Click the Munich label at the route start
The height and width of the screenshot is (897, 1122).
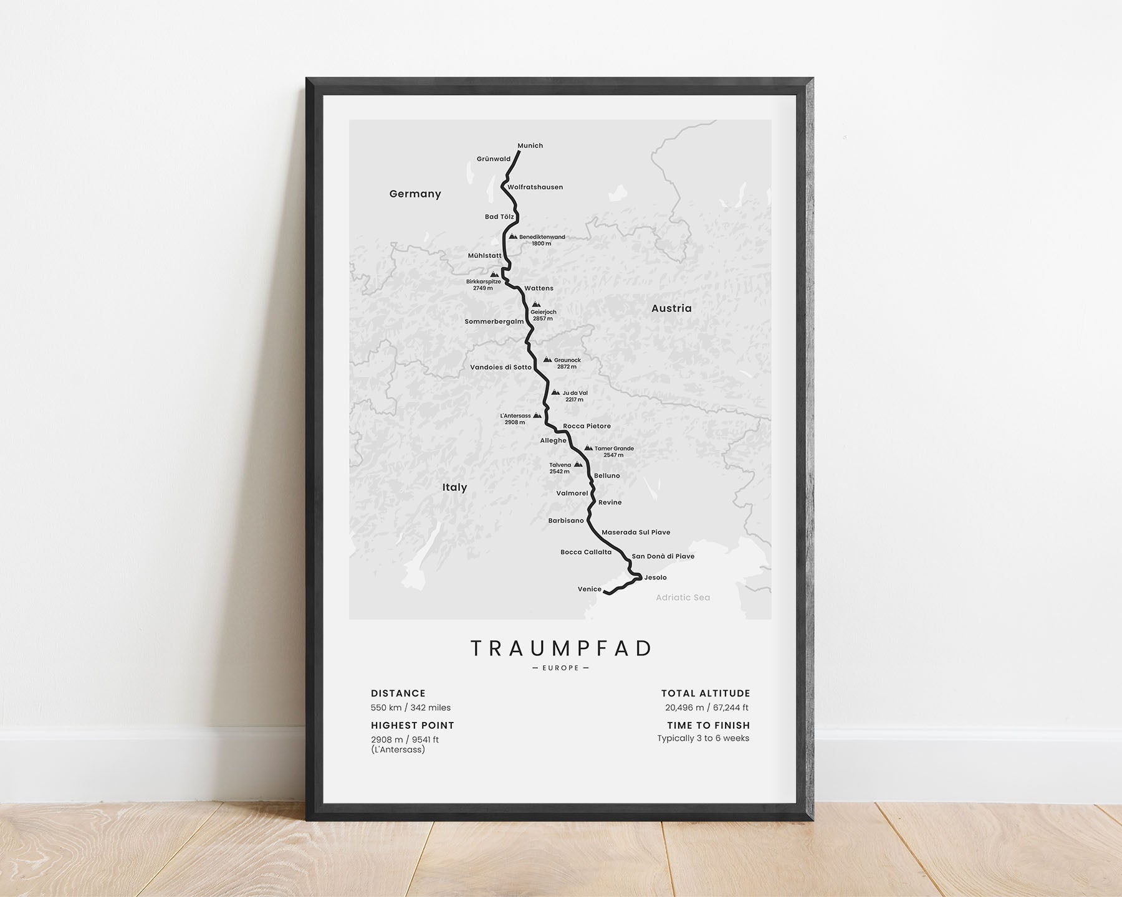click(x=530, y=146)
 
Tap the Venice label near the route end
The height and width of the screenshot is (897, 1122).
click(x=589, y=589)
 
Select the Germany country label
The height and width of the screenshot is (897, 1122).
click(x=415, y=194)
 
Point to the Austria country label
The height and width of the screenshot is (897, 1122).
click(x=671, y=308)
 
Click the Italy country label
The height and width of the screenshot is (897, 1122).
click(x=454, y=487)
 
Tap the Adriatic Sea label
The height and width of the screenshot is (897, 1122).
click(x=683, y=597)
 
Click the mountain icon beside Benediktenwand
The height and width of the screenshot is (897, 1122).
click(x=512, y=237)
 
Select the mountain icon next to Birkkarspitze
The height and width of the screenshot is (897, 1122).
click(x=494, y=274)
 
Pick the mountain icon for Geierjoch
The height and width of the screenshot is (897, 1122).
click(x=536, y=305)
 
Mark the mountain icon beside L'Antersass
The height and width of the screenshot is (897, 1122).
click(x=537, y=415)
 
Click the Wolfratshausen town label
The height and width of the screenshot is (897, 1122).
click(x=535, y=187)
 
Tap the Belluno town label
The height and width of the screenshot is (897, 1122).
click(x=607, y=476)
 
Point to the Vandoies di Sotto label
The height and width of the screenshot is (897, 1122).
click(x=501, y=368)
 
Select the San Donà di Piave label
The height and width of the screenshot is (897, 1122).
click(x=663, y=556)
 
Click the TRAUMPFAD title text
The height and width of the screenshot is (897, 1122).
click(x=561, y=648)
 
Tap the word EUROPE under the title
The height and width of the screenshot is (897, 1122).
click(x=561, y=668)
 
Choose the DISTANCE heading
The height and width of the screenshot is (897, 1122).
click(x=398, y=693)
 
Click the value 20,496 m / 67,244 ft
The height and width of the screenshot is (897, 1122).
click(x=707, y=708)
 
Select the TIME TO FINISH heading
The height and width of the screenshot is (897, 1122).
click(x=708, y=725)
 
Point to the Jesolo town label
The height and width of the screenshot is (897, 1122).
click(x=655, y=577)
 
